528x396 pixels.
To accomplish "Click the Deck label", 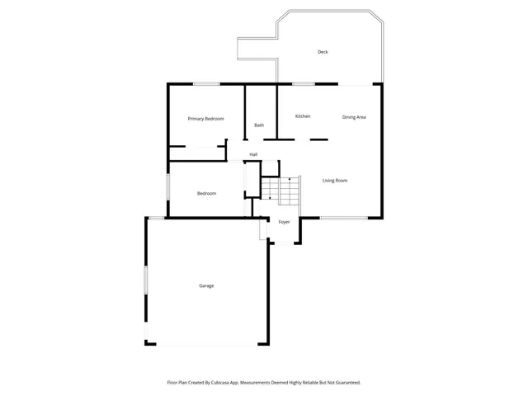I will point(323,53).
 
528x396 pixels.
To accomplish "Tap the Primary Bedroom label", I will point(205,119).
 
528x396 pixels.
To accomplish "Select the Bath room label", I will point(259,125).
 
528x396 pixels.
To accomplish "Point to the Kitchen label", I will point(303,116).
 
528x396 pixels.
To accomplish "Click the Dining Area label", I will point(354,117).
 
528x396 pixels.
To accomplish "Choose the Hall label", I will point(253,155).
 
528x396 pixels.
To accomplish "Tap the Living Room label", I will point(334,181).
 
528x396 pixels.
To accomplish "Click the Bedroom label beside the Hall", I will point(206,194).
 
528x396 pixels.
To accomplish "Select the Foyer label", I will point(284,222).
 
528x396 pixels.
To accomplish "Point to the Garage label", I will point(206,286).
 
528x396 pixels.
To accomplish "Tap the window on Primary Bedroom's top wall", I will point(206,83).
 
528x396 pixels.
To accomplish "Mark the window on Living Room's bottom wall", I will point(343,218).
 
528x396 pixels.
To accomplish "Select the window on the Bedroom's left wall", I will point(168,186).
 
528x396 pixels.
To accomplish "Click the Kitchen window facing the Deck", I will point(303,83).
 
